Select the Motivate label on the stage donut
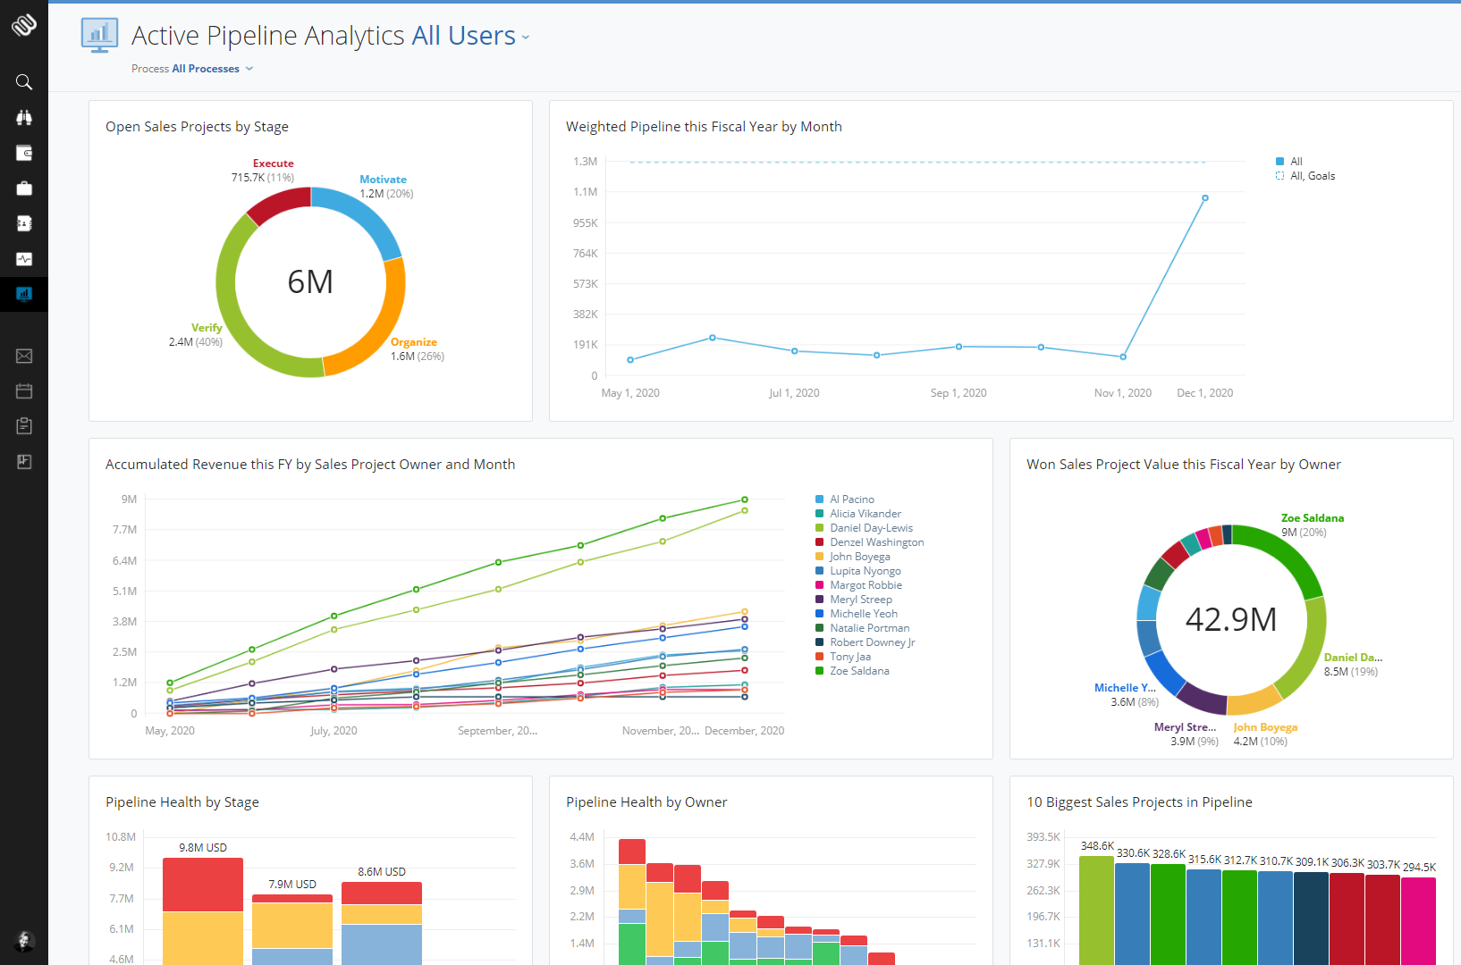[x=383, y=180]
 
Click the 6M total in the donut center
[x=310, y=282]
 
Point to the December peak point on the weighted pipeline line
[x=1204, y=198]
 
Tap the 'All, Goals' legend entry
[x=1312, y=176]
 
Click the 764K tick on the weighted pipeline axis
[x=585, y=254]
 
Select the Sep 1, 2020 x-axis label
[x=958, y=393]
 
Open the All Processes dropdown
[x=206, y=69]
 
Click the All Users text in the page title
[x=463, y=36]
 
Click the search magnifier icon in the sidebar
[x=24, y=82]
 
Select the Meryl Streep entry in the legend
[x=860, y=600]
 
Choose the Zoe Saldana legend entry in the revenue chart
[x=858, y=671]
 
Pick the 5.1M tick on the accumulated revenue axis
[x=124, y=592]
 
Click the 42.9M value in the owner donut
[x=1230, y=619]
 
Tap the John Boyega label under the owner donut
[x=1264, y=727]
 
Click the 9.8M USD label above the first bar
[x=203, y=848]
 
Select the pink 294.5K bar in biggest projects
[x=1418, y=920]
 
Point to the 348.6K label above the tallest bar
[x=1097, y=846]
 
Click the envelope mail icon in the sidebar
[x=24, y=357]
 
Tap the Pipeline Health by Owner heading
[x=646, y=802]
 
